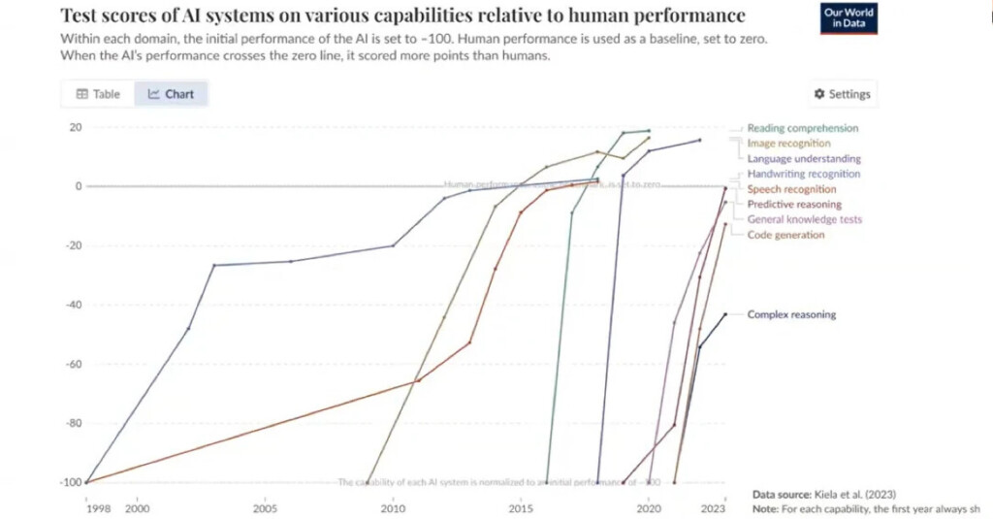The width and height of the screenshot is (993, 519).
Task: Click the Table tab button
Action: click(98, 94)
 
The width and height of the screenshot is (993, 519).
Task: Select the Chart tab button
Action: click(171, 94)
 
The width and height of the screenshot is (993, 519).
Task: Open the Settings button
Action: click(842, 94)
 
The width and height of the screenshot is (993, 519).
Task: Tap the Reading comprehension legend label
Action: click(802, 128)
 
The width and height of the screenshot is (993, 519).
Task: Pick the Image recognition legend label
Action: click(788, 144)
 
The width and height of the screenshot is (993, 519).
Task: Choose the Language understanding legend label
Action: click(803, 159)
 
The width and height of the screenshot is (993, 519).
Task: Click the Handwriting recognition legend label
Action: click(803, 175)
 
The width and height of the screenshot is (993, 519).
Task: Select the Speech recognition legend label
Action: click(791, 190)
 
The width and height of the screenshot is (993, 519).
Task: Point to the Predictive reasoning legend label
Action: click(794, 205)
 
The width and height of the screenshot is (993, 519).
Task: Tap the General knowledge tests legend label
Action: click(804, 220)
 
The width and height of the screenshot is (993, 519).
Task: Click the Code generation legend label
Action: click(785, 235)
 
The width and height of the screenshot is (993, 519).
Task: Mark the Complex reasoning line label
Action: click(791, 314)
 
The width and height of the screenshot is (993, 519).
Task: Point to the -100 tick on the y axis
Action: click(71, 482)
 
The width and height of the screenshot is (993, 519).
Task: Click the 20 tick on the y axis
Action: click(75, 128)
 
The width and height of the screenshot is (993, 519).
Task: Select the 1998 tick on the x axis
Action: click(98, 507)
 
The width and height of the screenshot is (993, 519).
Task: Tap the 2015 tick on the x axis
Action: click(521, 507)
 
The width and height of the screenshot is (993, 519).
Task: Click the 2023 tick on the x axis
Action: click(714, 507)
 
